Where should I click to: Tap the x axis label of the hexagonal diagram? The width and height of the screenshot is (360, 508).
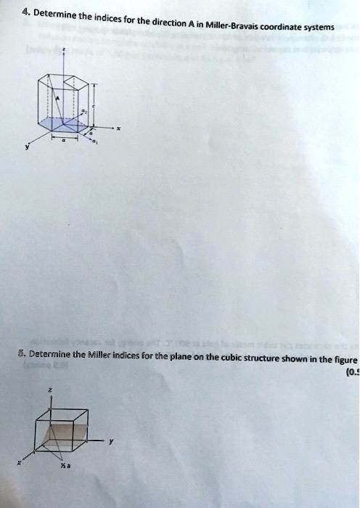118,129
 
